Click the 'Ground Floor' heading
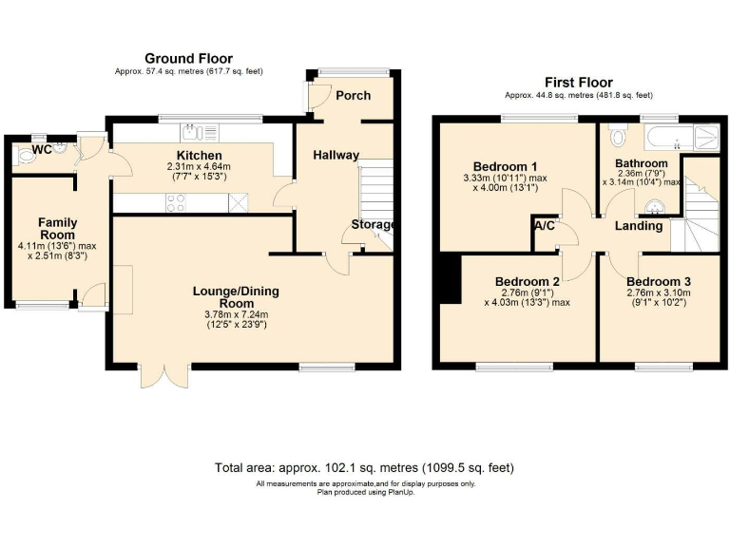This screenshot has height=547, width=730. tap(187, 59)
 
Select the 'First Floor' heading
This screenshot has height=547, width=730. tap(578, 83)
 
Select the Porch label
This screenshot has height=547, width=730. tap(354, 95)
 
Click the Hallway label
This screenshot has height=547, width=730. tap(336, 156)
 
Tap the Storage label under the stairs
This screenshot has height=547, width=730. tap(373, 225)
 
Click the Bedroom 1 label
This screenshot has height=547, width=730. tap(497, 162)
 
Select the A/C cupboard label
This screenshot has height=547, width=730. tap(545, 227)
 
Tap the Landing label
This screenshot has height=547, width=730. tap(638, 227)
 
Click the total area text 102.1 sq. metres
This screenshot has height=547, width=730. tap(365, 467)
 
